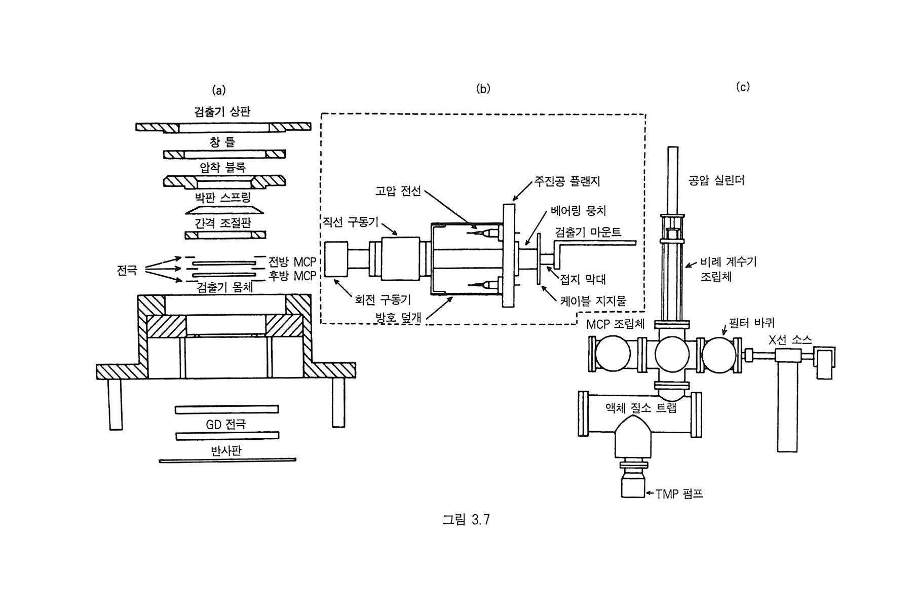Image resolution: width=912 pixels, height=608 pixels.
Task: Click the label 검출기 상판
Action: click(x=222, y=111)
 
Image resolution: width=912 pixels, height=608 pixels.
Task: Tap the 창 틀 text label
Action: click(x=222, y=142)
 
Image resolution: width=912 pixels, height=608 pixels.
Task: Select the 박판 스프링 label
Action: click(x=223, y=197)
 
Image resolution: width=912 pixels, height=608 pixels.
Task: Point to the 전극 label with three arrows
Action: click(x=127, y=270)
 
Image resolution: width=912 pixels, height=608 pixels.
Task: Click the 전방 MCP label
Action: click(x=292, y=262)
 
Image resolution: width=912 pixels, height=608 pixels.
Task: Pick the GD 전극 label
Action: click(x=226, y=424)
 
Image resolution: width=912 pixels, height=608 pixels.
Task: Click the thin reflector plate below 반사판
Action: click(x=227, y=460)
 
